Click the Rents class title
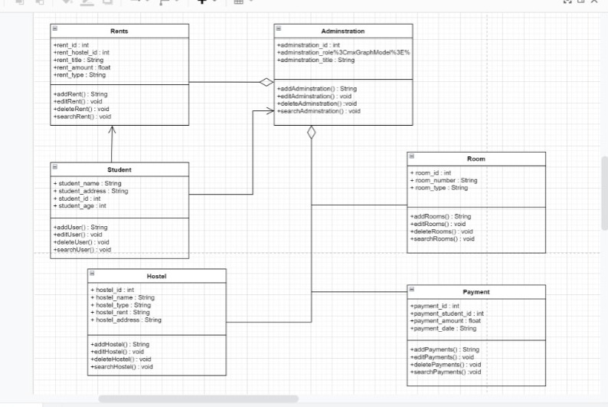[x=119, y=31]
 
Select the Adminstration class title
[x=342, y=31]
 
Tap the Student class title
[x=119, y=169]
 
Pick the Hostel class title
[x=156, y=276]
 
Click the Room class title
[x=476, y=159]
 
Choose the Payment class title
[x=476, y=292]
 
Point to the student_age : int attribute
[x=80, y=205]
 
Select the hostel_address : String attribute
[x=126, y=320]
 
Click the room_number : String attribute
[x=443, y=180]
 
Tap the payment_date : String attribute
[x=443, y=328]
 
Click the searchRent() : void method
[x=82, y=117]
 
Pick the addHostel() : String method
[x=119, y=344]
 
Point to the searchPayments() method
[x=446, y=372]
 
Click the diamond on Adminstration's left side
[x=266, y=82]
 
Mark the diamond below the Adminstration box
[x=311, y=133]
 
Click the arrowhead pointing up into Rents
[x=112, y=130]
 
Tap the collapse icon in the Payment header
[x=412, y=290]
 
